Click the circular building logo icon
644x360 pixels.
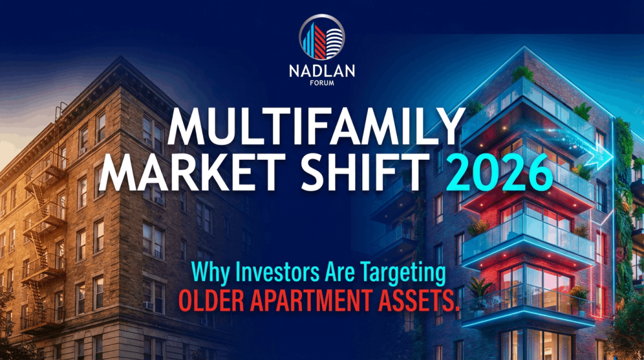pos(321,37)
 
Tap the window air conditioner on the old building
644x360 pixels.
pos(148,306)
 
